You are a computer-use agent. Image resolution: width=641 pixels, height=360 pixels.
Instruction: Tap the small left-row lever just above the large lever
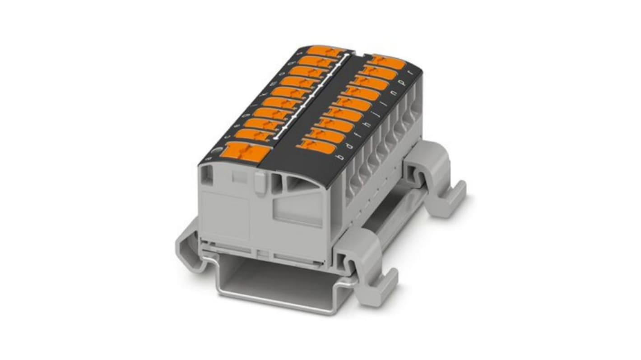(252, 134)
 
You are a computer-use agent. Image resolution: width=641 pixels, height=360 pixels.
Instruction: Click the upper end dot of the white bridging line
(347, 55)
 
